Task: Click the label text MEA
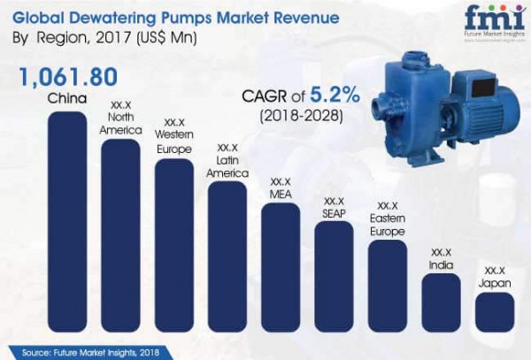coord(281,191)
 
